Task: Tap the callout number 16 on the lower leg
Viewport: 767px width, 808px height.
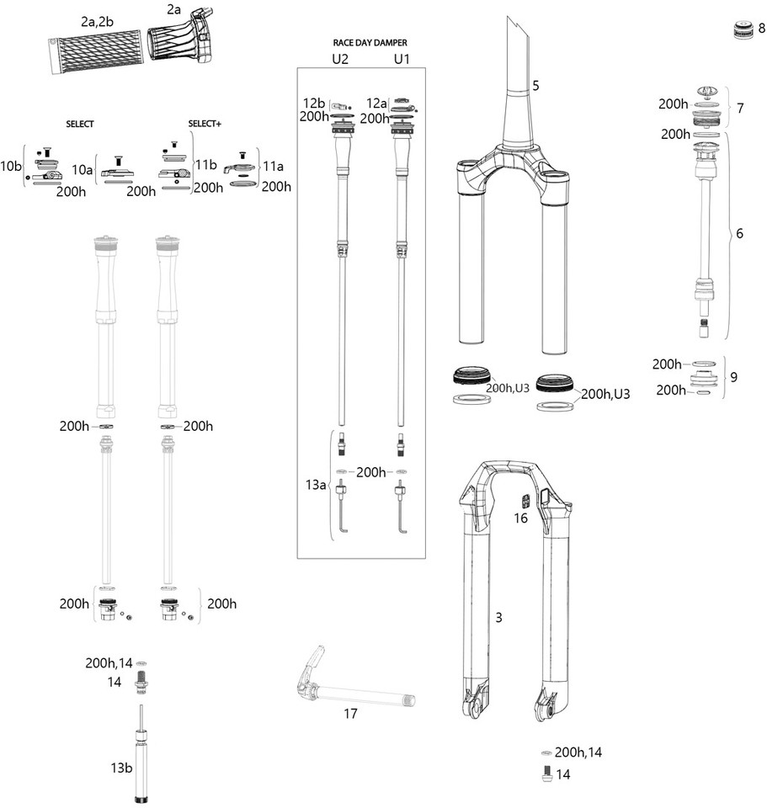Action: tap(520, 518)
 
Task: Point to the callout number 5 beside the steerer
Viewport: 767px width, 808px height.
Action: tap(536, 86)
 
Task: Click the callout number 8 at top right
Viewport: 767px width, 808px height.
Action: tap(761, 29)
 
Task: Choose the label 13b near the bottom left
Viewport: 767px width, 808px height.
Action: tap(121, 768)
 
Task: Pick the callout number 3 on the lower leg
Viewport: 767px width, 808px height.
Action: tap(498, 618)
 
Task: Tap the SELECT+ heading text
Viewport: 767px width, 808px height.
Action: tap(205, 124)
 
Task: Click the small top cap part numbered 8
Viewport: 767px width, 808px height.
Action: tap(743, 30)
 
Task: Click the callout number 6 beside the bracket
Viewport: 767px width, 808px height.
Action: tap(739, 233)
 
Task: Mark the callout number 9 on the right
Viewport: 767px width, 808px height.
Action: tap(733, 376)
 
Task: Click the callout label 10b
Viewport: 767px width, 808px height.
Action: tap(11, 166)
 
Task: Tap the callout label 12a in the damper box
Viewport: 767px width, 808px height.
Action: tap(378, 102)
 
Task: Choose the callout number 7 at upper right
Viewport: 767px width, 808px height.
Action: tap(739, 109)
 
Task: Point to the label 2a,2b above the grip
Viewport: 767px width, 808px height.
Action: tap(99, 22)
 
